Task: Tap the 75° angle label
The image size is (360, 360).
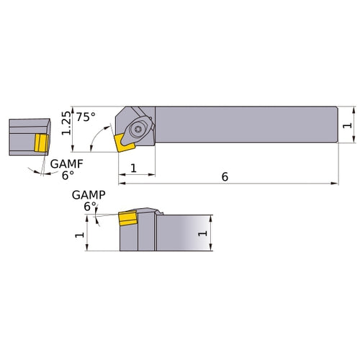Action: pos(86,117)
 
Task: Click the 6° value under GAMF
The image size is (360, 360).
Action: pos(67,175)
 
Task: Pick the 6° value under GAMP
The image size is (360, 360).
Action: pos(90,206)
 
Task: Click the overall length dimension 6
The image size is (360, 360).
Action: pos(225,177)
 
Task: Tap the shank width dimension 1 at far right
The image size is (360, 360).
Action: pos(348,125)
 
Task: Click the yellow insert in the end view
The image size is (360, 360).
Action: pos(40,142)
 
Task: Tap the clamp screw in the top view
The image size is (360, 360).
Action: pos(138,130)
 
